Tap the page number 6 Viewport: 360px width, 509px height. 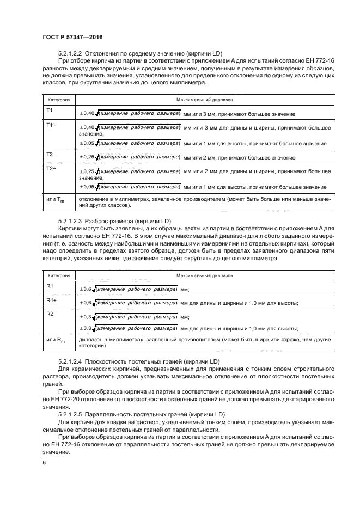pos(45,462)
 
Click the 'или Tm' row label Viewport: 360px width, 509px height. pos(54,199)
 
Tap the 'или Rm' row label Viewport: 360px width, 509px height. pos(54,340)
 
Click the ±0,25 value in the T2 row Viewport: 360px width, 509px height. pos(87,157)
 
